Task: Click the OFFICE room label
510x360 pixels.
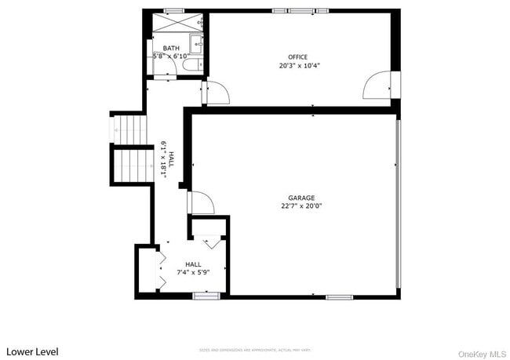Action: (x=297, y=56)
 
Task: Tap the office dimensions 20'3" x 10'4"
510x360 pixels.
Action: (x=297, y=65)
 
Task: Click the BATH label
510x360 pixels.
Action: (x=170, y=48)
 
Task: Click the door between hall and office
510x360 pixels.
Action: (x=215, y=93)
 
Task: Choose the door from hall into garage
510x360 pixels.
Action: (x=201, y=202)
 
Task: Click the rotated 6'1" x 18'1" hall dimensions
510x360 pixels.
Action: (x=167, y=160)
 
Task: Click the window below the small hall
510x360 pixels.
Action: (x=206, y=296)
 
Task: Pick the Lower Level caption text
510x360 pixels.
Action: (x=32, y=351)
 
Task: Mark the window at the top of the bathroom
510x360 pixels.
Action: (x=173, y=10)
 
